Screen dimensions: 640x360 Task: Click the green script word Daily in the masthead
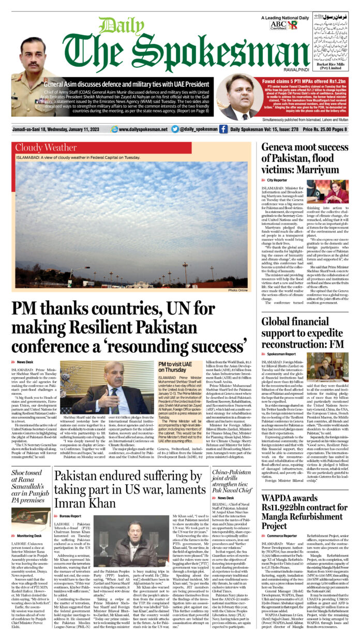click(x=115, y=26)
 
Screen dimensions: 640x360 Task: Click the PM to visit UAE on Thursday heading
click(x=176, y=367)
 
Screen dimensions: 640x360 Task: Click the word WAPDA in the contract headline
click(x=280, y=499)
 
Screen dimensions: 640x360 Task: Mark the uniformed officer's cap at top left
click(x=33, y=42)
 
